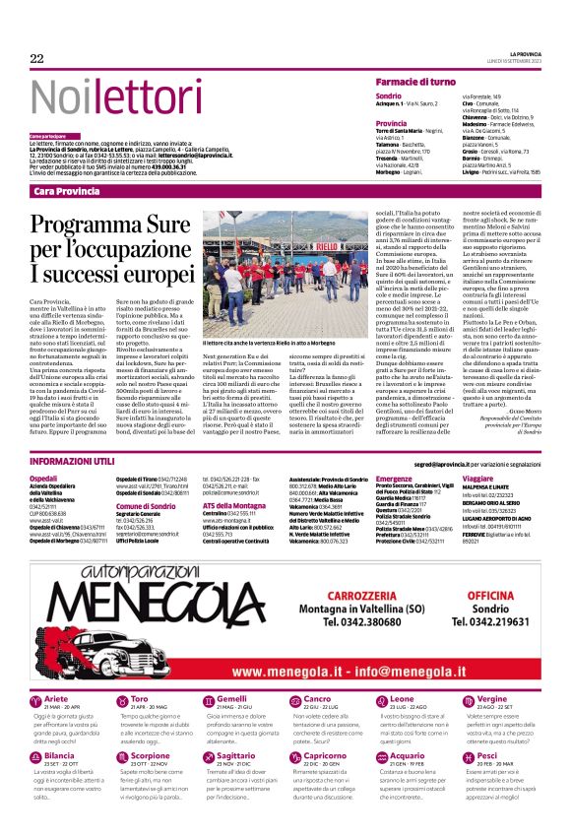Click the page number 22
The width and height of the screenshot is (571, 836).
point(37,59)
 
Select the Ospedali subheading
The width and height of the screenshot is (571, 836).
point(45,477)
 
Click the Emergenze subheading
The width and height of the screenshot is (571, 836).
point(393,477)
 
